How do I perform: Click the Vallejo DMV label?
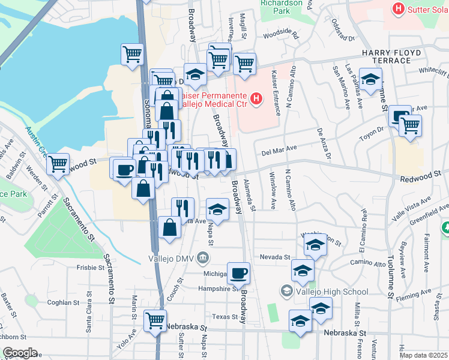(173, 259)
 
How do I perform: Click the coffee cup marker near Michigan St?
(238, 273)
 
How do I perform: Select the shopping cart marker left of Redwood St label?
(58, 163)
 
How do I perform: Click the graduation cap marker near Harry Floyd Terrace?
(370, 79)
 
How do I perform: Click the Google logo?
(19, 353)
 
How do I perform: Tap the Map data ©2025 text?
(424, 355)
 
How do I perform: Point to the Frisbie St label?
(91, 268)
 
